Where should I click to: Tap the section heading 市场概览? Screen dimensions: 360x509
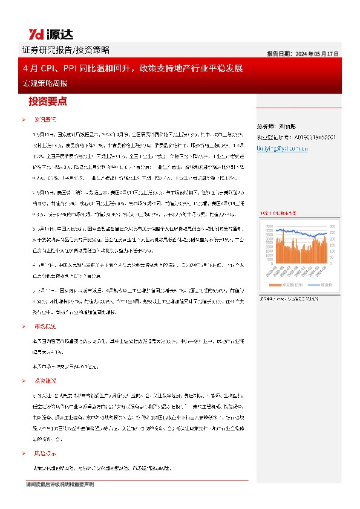coord(45,326)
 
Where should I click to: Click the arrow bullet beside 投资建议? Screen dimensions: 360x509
coord(23,381)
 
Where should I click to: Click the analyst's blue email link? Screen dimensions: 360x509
coord(283,147)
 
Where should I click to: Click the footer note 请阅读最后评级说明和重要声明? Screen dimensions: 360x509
coord(60,485)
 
